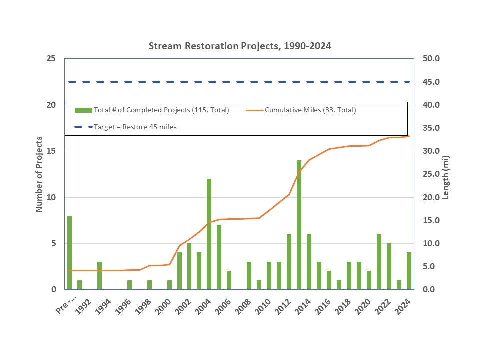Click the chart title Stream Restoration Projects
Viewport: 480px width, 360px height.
[240, 46]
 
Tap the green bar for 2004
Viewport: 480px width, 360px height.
[209, 234]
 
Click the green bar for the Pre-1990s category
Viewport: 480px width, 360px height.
[70, 252]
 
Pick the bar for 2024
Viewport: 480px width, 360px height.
[409, 271]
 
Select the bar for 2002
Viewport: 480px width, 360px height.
[189, 266]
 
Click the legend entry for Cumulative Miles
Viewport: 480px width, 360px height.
[310, 110]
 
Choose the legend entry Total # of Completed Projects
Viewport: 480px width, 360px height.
[161, 110]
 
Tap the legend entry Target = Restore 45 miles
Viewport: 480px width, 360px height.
[135, 127]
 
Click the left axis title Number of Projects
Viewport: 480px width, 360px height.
[39, 174]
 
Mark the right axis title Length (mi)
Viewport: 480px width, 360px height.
[446, 174]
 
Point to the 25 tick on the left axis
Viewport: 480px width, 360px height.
[51, 59]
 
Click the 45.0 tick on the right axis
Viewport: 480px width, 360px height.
[430, 82]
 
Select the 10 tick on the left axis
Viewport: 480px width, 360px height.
[51, 197]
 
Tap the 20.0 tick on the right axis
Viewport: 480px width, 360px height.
[430, 197]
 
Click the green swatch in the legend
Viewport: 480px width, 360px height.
[83, 110]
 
